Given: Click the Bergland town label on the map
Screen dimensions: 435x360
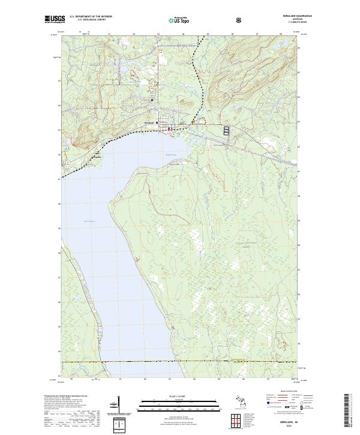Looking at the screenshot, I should pos(150,123).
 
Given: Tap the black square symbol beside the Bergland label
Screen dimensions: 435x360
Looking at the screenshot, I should pos(157,123).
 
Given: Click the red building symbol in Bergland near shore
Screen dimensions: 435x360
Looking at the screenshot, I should pos(170,128).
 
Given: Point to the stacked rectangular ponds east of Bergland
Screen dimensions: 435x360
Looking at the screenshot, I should pos(226,130).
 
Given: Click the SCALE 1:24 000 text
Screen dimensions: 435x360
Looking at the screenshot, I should pos(179,396).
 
